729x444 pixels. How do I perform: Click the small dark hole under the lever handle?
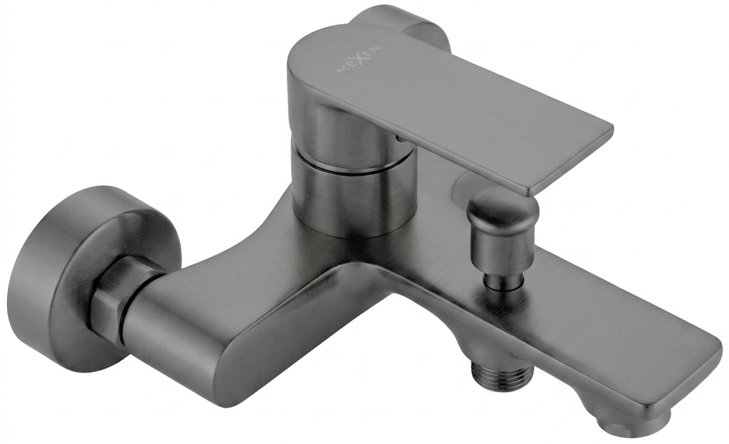coord(399,138)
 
